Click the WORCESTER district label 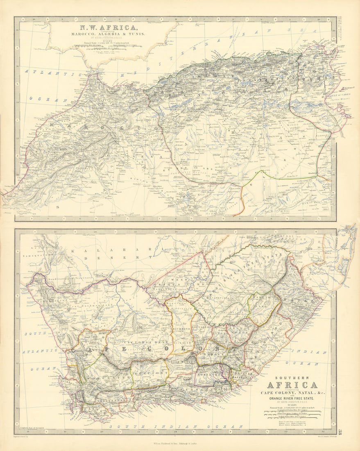pyautogui.click(x=102, y=376)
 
